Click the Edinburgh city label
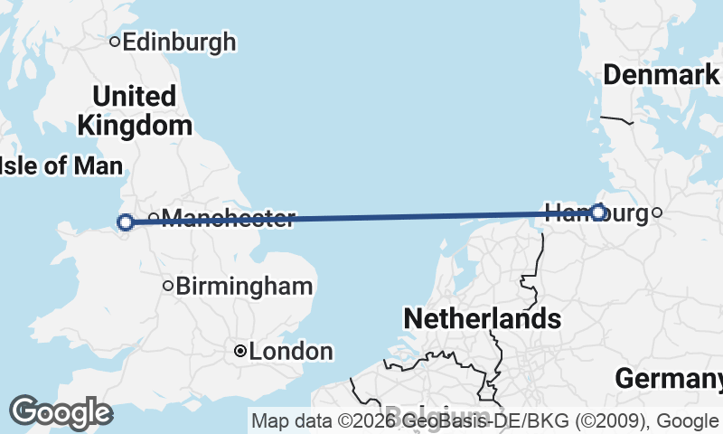[x=179, y=42]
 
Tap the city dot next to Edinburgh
[x=115, y=41]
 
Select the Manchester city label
[x=230, y=218]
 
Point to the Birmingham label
[x=244, y=287]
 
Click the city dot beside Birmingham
[x=167, y=287]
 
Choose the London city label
[x=290, y=351]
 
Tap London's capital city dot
[x=240, y=351]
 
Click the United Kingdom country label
[x=135, y=110]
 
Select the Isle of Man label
[x=61, y=165]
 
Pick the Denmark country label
[x=661, y=75]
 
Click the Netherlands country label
[x=482, y=318]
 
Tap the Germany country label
[x=669, y=379]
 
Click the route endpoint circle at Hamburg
[x=598, y=212]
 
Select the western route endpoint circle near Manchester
[x=126, y=222]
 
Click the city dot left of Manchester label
[x=154, y=217]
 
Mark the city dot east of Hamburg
[x=657, y=213]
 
